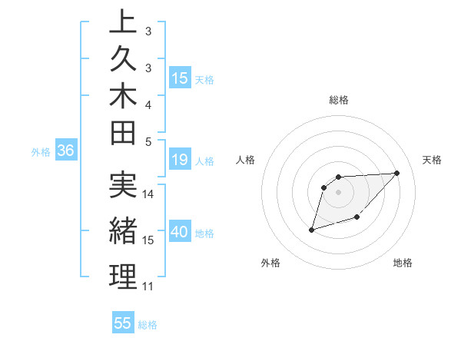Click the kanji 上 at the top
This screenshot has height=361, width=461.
(123, 22)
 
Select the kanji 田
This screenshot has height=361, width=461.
(123, 133)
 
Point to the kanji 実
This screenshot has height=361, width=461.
(123, 185)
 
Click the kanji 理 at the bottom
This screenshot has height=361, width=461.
(123, 278)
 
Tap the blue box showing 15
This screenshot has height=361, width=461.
(180, 78)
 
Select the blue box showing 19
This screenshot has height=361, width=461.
(180, 161)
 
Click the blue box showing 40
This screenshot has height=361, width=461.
(180, 233)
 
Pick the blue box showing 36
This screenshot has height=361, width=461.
(65, 151)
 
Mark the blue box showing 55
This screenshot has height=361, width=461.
(123, 323)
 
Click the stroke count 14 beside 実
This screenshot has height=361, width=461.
(148, 194)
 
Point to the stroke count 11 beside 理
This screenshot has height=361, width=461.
(148, 286)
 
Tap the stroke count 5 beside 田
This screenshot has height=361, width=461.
(148, 141)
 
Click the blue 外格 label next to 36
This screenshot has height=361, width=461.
(41, 152)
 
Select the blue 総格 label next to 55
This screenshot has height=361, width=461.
(148, 325)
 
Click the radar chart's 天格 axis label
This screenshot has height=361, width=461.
(433, 160)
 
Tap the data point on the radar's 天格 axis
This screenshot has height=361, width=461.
(396, 173)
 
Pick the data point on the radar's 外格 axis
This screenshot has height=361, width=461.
(311, 230)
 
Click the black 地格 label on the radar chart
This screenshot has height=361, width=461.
(403, 263)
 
